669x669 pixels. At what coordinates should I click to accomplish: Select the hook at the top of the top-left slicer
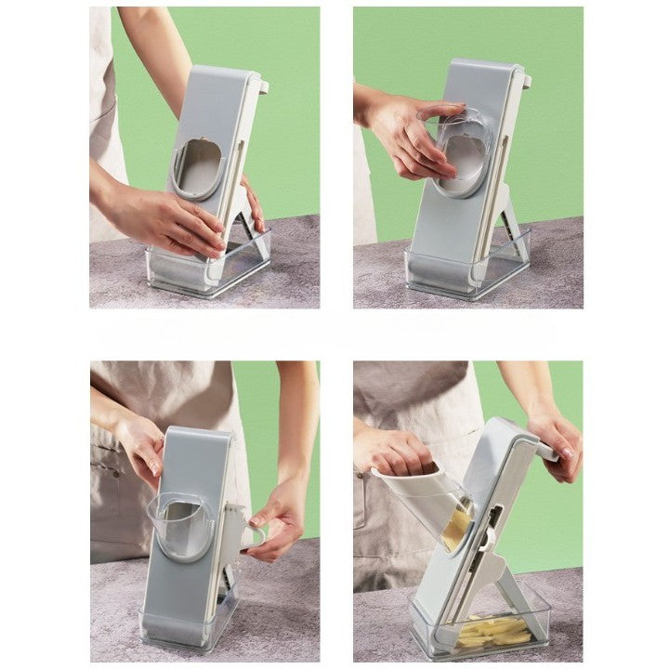point(262,86)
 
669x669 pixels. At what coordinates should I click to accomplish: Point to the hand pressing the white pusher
point(395,451)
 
